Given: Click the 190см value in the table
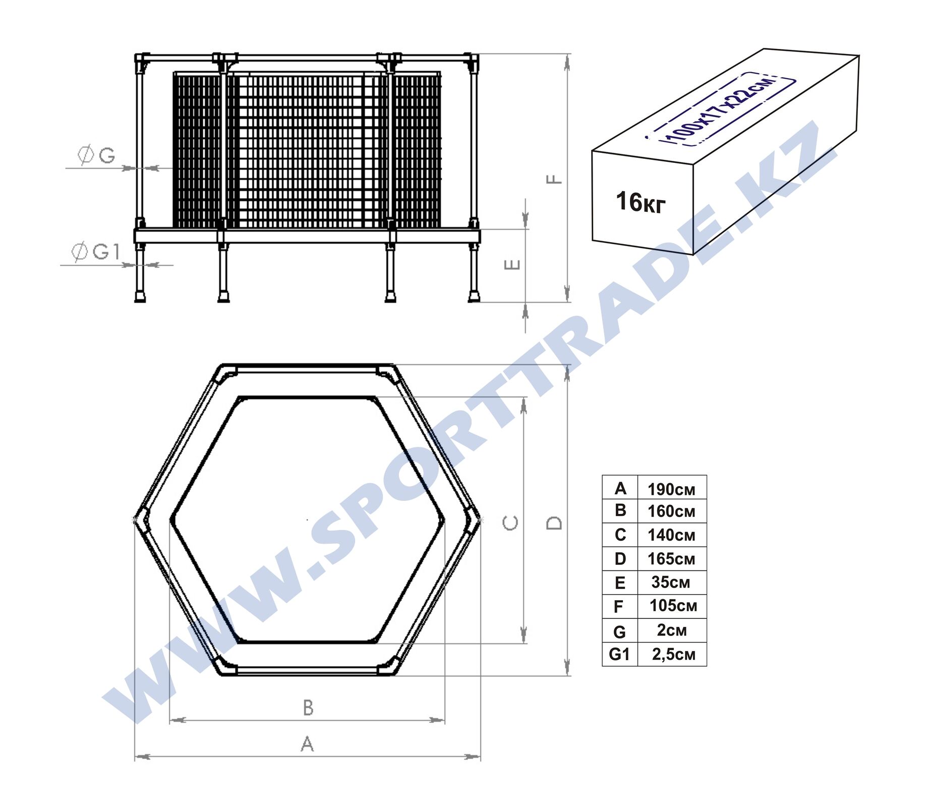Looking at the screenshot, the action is [x=671, y=489].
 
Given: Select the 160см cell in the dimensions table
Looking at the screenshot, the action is [x=671, y=511].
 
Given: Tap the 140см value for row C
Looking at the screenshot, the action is [x=671, y=535].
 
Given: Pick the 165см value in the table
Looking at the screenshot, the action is [x=671, y=559].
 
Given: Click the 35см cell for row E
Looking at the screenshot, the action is [x=670, y=583].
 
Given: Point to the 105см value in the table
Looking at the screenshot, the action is [x=673, y=606].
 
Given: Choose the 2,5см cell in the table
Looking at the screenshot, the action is [x=673, y=654].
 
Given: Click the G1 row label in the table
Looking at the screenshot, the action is [x=619, y=654].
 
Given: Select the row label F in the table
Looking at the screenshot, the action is [x=619, y=607].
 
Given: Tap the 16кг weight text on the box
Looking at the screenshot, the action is [x=641, y=202].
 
